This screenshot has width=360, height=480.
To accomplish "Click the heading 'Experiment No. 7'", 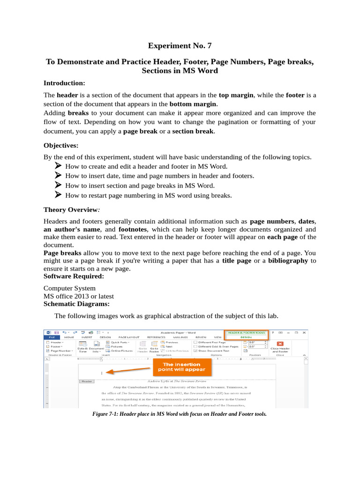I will tap(180, 46).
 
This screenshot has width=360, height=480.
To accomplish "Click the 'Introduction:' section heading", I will tap(64, 83).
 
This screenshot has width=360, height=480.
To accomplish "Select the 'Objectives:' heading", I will tap(61, 145).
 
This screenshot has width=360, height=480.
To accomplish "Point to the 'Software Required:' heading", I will tap(74, 277).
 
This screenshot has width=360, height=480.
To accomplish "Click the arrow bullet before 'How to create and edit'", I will tap(58, 166).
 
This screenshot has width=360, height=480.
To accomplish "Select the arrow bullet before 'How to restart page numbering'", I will tap(58, 195).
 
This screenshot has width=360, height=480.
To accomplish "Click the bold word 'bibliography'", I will tap(289, 260).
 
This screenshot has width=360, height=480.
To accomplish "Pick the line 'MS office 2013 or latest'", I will tap(79, 296).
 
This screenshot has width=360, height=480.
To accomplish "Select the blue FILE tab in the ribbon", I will tap(52, 337).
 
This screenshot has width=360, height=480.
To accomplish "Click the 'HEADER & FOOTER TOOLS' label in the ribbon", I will tap(246, 332).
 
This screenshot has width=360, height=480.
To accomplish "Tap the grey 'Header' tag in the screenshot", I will tap(87, 382).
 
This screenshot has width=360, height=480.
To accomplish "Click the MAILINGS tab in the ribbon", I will tap(180, 337).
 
